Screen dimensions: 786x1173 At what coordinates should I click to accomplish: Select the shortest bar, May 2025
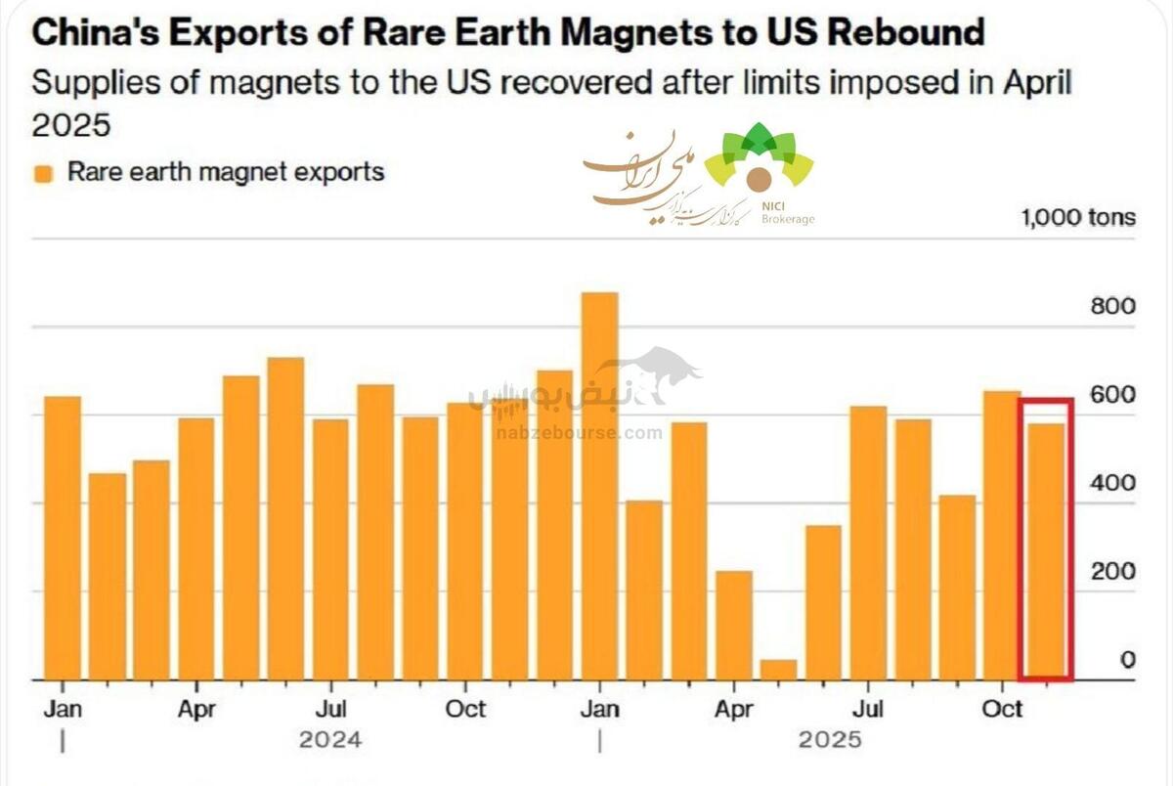[x=778, y=670]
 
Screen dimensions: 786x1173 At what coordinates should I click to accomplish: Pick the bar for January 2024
[x=63, y=538]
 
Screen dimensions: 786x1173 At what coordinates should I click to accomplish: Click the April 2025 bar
[x=733, y=625]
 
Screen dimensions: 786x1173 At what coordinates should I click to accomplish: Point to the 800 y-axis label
[x=1112, y=306]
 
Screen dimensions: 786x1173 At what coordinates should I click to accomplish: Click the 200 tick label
[x=1112, y=572]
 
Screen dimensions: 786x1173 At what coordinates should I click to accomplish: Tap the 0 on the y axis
[x=1127, y=661]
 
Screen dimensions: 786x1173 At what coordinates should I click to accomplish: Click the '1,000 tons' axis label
[x=1078, y=217]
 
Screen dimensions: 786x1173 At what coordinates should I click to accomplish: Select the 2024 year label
[x=330, y=739]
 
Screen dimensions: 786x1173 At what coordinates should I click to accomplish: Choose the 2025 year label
[x=830, y=739]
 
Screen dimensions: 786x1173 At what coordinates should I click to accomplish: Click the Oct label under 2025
[x=1001, y=708]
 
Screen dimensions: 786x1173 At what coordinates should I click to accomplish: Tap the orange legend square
[x=42, y=174]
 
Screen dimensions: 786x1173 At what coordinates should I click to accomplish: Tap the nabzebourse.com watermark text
[x=579, y=432]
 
